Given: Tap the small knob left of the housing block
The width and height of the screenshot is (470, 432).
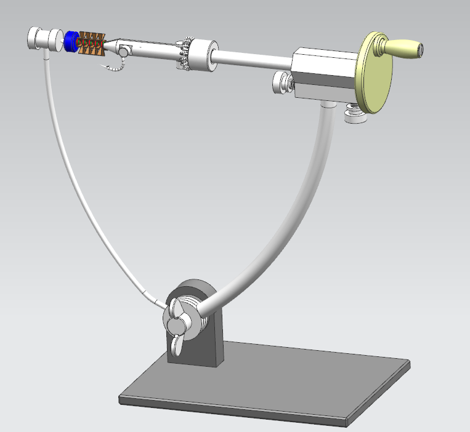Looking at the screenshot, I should [282, 82].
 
